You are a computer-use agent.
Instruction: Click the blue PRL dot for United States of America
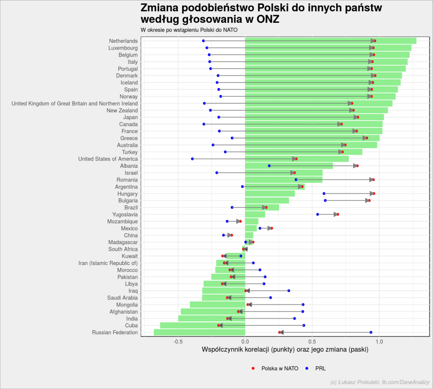click(x=192, y=159)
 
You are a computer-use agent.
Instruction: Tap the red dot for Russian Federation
click(x=280, y=333)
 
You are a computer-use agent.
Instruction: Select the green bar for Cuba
click(x=203, y=326)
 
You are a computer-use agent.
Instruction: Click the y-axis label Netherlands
click(x=123, y=41)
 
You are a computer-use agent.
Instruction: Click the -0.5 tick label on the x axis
click(x=178, y=342)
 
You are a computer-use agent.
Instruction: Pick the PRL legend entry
click(x=316, y=369)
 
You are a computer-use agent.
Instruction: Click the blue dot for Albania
click(x=269, y=166)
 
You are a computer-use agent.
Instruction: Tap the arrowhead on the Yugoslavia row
click(x=336, y=214)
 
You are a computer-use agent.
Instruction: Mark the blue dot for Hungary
click(x=324, y=194)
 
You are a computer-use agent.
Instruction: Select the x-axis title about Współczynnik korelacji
click(x=285, y=350)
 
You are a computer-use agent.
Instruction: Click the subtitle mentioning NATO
click(x=189, y=30)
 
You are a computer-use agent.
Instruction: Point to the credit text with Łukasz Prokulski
click(x=380, y=382)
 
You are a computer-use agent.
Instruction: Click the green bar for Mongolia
click(x=217, y=305)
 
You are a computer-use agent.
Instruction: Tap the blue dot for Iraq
click(x=288, y=291)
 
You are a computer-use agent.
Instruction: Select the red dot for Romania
click(x=374, y=179)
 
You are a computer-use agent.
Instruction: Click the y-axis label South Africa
click(x=123, y=249)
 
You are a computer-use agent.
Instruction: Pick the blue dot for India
click(x=294, y=318)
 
